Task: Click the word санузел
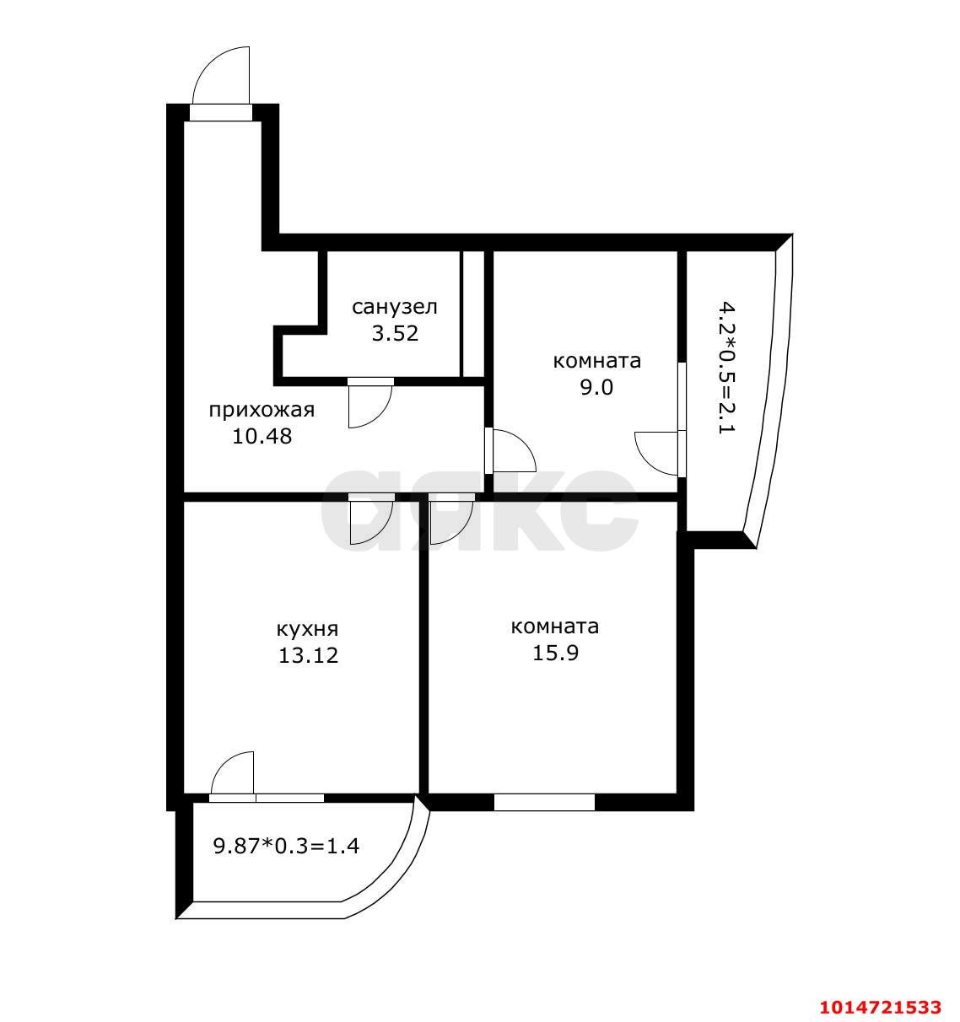coord(395,307)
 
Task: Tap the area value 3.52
coord(395,333)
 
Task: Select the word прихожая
coord(262,411)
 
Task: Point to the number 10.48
coord(262,437)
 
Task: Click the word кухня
coord(308,629)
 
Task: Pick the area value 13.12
coord(309,655)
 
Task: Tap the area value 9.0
coord(597,387)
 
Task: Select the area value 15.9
coord(555,653)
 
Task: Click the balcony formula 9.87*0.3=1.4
coord(286,846)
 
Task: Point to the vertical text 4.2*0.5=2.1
coord(727,369)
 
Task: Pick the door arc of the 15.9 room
coord(461,530)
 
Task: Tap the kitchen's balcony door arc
coord(223,762)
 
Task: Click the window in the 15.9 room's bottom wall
coord(544,802)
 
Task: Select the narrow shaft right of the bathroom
coord(472,314)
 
